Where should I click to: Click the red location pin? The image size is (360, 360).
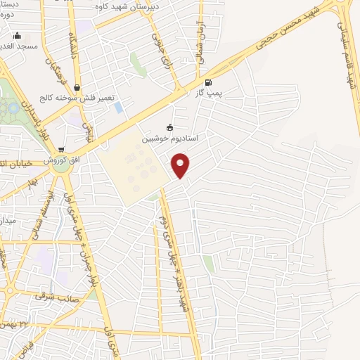coord(181,165)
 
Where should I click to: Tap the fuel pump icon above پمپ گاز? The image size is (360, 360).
coord(207,82)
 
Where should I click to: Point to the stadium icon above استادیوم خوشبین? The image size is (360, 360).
coord(169,128)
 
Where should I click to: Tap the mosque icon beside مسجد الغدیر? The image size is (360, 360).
coord(18,36)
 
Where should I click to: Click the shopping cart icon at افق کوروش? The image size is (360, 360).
coord(61,150)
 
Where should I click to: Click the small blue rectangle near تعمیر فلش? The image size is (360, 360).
coord(117,108)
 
